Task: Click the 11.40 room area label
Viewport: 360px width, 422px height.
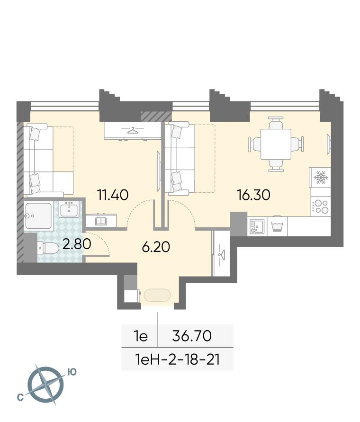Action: (113, 195)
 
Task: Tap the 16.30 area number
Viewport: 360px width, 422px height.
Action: (253, 195)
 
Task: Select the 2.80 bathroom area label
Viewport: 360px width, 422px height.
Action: (77, 244)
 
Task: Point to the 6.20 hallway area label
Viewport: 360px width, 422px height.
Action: (156, 247)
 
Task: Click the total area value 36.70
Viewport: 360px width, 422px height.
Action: (192, 336)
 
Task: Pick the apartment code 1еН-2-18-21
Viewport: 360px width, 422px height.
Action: (178, 359)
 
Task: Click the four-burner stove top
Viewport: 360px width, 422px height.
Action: (321, 207)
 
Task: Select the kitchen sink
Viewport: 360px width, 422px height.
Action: (257, 226)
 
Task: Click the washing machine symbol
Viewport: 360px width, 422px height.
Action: (277, 226)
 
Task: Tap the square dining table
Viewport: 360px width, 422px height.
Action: (276, 144)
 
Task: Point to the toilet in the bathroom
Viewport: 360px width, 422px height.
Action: (48, 248)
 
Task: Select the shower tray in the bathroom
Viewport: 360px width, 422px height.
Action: (38, 216)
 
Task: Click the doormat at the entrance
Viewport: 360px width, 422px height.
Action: (157, 295)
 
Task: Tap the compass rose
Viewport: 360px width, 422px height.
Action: (46, 384)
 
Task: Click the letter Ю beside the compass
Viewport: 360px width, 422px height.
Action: (72, 372)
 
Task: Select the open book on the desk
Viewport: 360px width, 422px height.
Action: (101, 221)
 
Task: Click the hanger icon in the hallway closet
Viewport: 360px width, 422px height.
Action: (222, 253)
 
